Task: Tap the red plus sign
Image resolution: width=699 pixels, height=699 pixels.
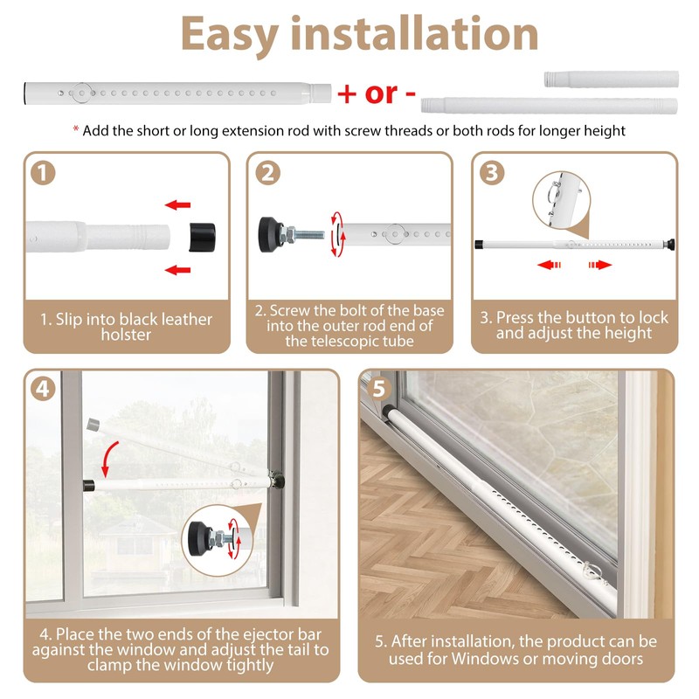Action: pos(348,93)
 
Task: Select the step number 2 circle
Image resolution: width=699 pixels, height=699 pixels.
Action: pos(267,172)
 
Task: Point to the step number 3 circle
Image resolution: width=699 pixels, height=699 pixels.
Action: pos(493,172)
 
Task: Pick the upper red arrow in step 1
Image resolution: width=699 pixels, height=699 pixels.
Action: pos(178,205)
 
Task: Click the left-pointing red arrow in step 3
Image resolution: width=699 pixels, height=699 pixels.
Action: pos(549,264)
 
